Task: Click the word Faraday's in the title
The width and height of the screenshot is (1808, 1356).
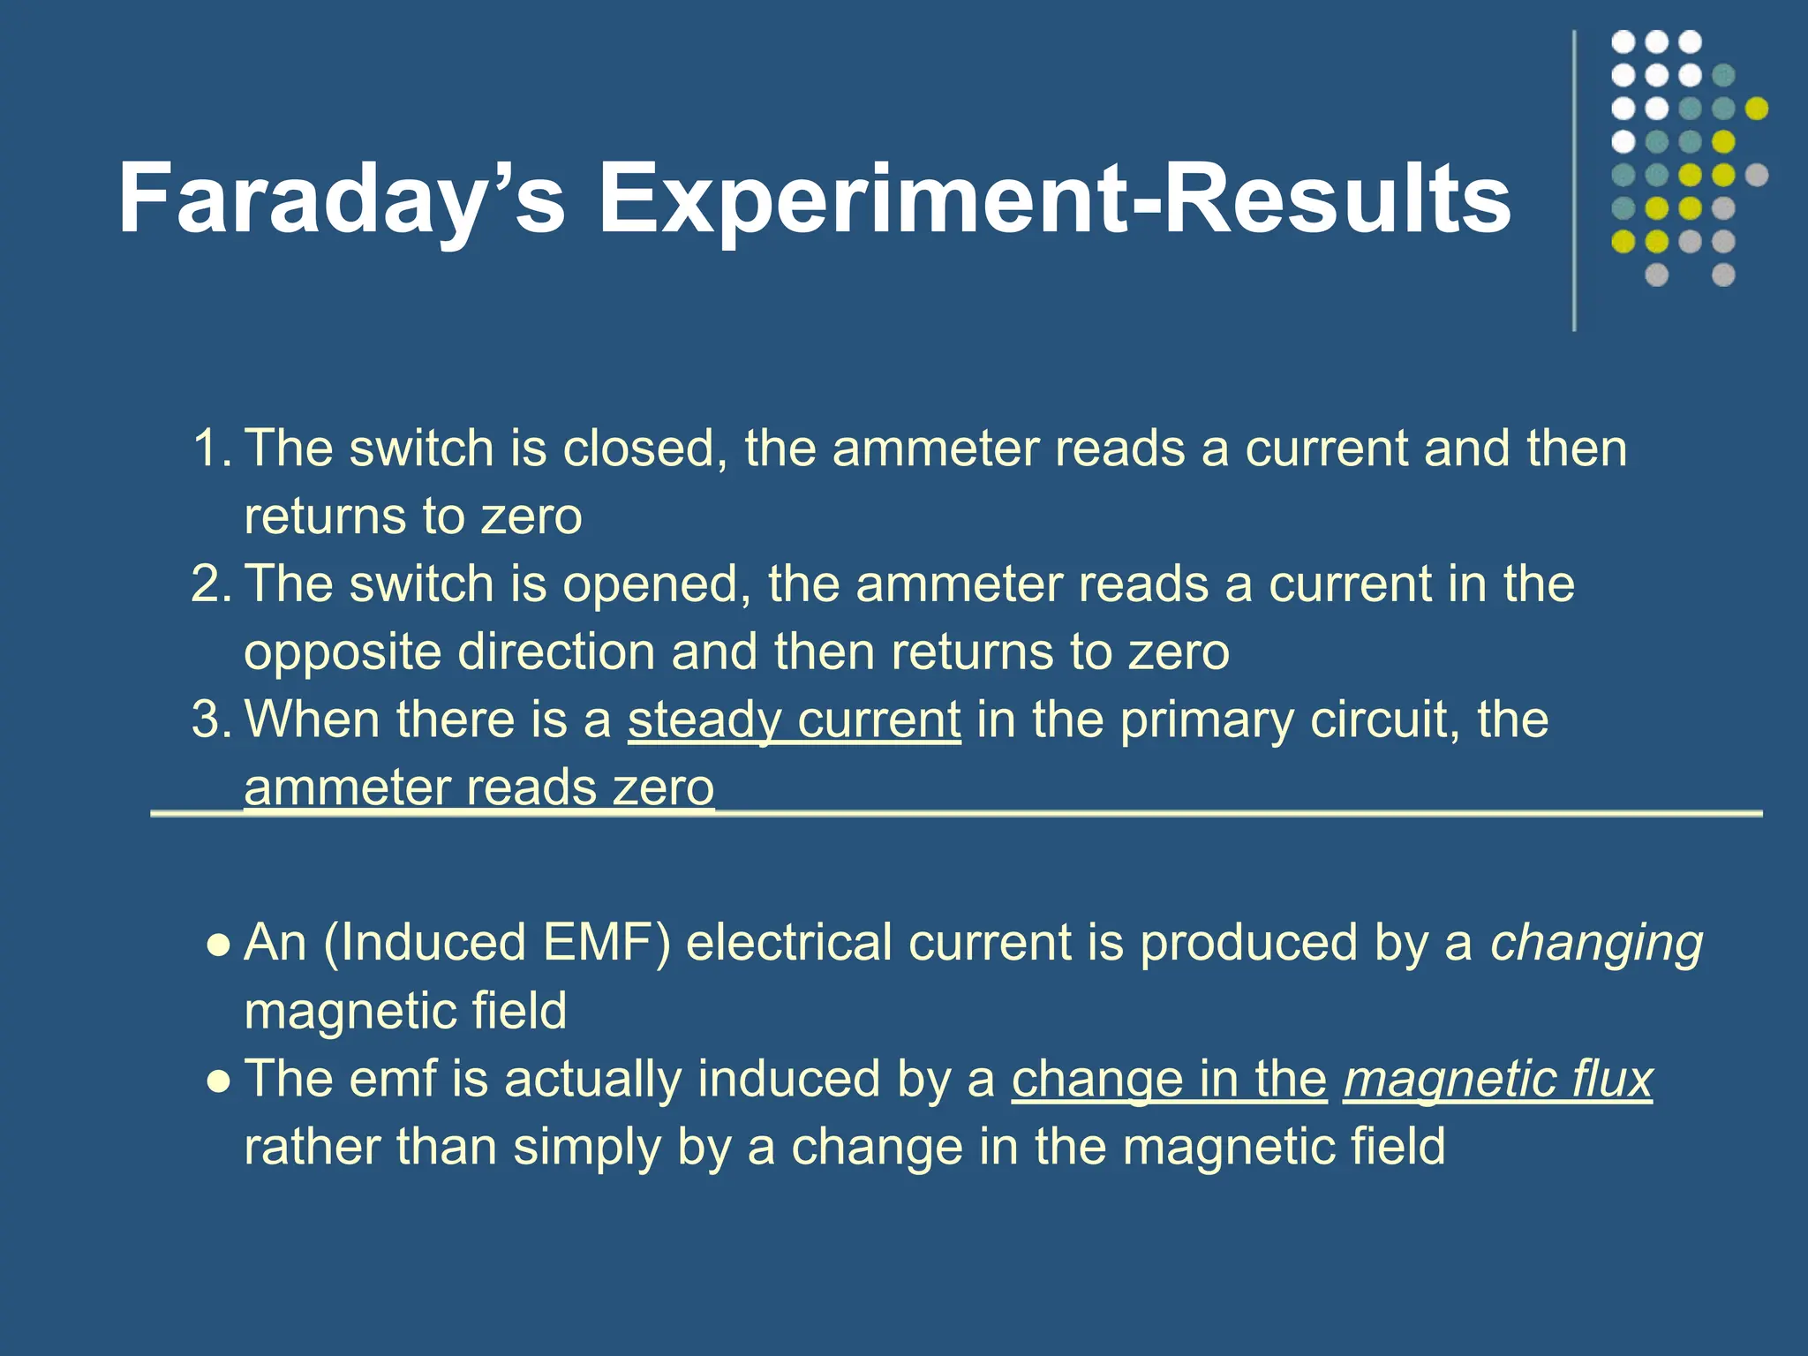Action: [342, 200]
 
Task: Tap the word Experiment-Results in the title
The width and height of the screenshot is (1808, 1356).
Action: [1055, 200]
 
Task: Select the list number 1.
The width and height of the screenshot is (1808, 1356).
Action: [212, 448]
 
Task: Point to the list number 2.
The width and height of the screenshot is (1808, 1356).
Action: [212, 584]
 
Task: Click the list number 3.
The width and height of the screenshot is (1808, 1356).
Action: [212, 719]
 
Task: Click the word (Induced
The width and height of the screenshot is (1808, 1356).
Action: [425, 943]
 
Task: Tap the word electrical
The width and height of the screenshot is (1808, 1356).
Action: [788, 942]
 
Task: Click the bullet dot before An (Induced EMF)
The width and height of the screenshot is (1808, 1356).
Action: [218, 945]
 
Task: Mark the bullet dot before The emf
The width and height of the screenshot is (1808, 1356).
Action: [218, 1081]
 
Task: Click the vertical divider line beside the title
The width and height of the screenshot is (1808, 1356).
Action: [1574, 181]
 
